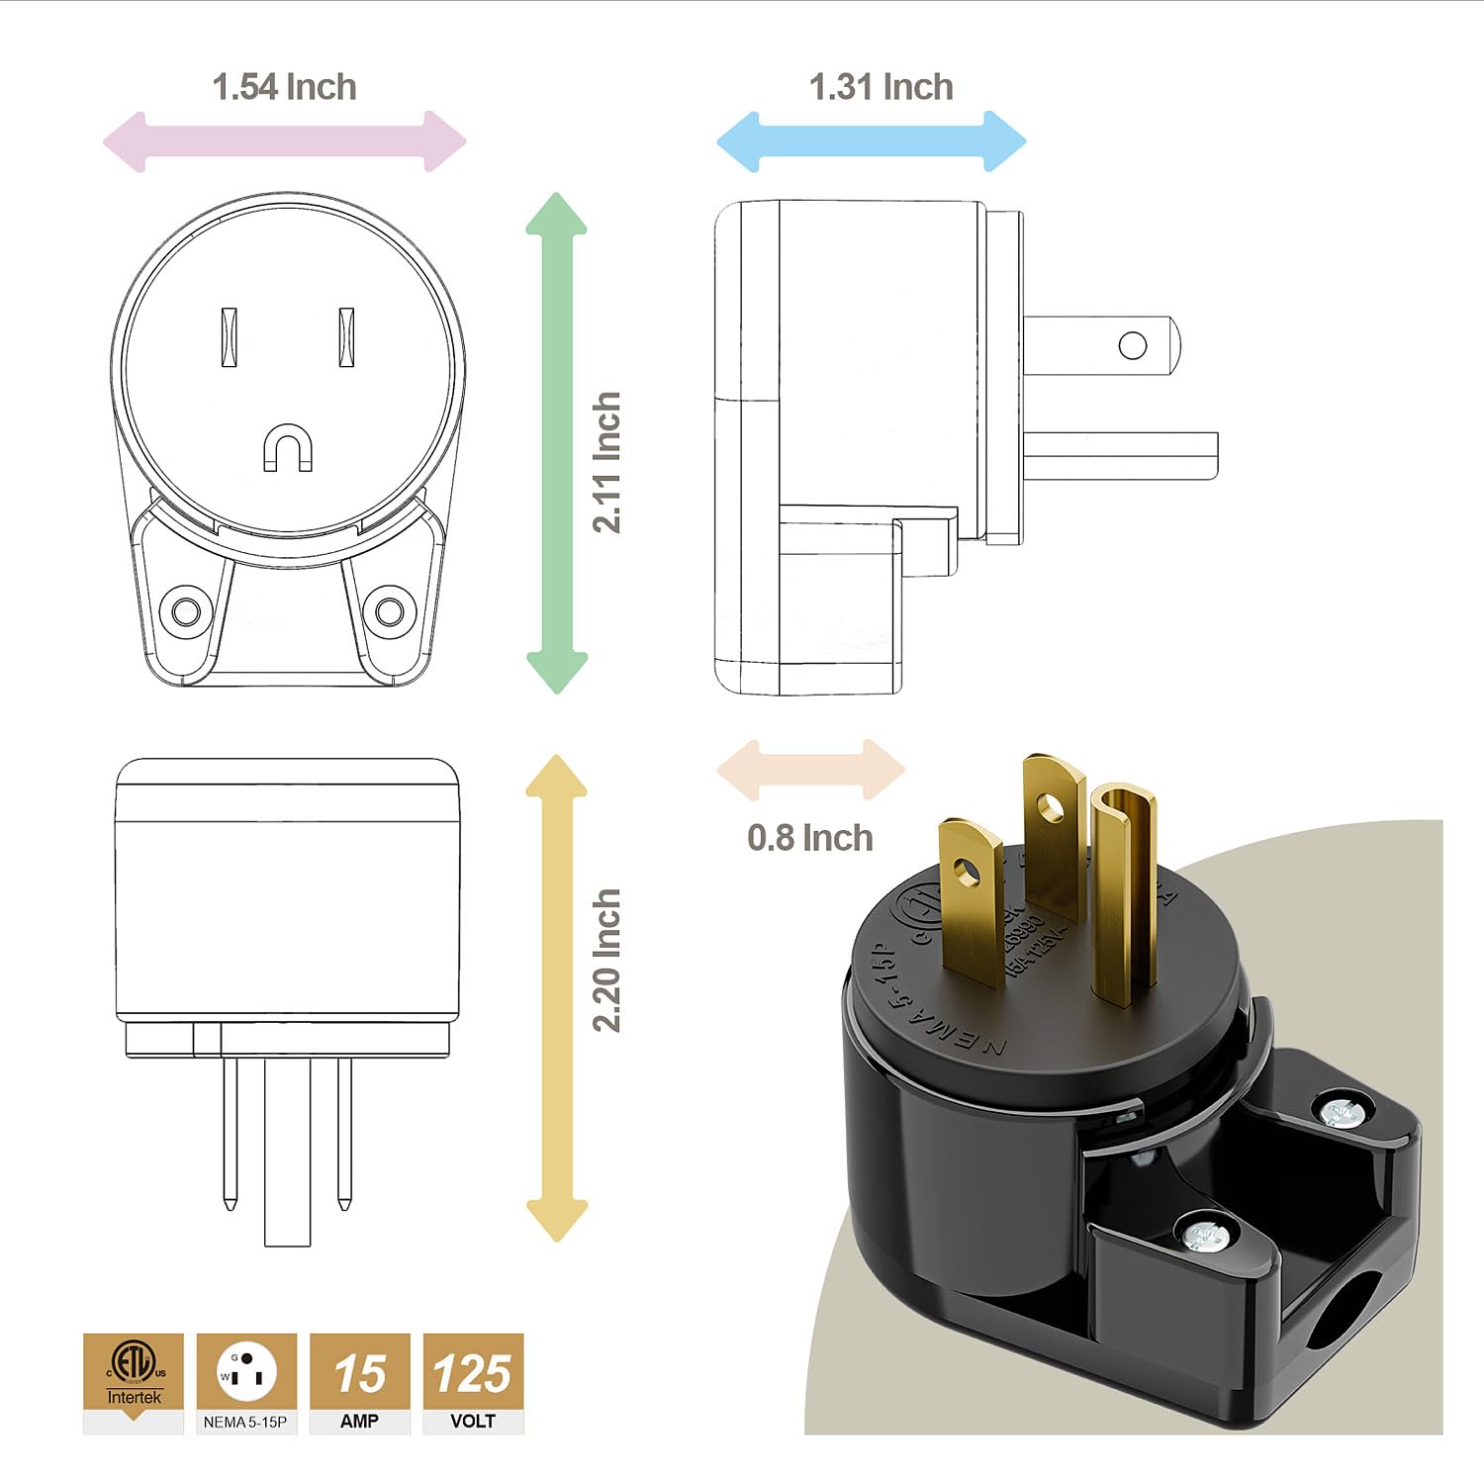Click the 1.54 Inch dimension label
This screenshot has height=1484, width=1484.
[284, 87]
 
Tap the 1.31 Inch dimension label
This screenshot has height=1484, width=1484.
[881, 87]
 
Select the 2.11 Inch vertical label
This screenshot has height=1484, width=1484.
[606, 462]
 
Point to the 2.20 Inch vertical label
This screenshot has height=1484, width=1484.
[606, 960]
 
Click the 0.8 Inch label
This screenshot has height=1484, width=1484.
[809, 838]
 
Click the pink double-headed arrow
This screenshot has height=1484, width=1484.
[284, 141]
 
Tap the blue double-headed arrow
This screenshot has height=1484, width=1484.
[871, 141]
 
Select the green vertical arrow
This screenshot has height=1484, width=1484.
[557, 442]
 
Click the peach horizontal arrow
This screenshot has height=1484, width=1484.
[809, 770]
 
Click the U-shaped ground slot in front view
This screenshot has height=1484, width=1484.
[288, 447]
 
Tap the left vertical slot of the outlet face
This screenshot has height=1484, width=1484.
[229, 337]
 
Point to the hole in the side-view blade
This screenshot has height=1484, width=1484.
[1133, 345]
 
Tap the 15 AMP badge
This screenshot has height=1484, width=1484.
[359, 1382]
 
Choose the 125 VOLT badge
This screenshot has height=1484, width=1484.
[473, 1382]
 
